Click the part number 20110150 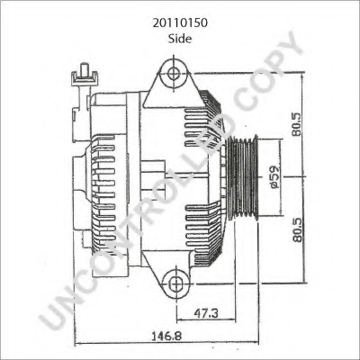coord(180,22)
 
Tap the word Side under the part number coord(180,39)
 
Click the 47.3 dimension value coord(206,313)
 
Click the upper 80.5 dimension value coord(298,124)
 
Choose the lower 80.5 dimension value coord(298,229)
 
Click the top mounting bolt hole coord(174,73)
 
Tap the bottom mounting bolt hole coord(175,283)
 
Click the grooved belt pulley coord(243,177)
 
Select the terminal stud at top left coord(84,75)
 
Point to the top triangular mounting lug coord(173,84)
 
